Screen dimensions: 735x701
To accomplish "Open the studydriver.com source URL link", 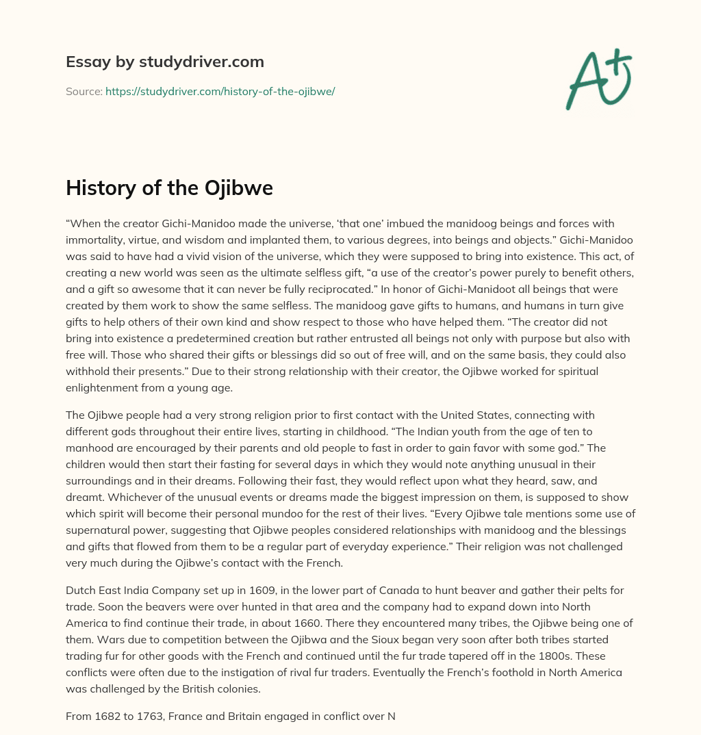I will [x=220, y=91].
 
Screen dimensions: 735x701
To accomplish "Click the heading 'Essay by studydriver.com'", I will [x=165, y=62].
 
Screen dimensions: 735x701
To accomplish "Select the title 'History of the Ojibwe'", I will [x=169, y=188].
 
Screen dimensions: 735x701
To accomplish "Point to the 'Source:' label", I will [x=84, y=91].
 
